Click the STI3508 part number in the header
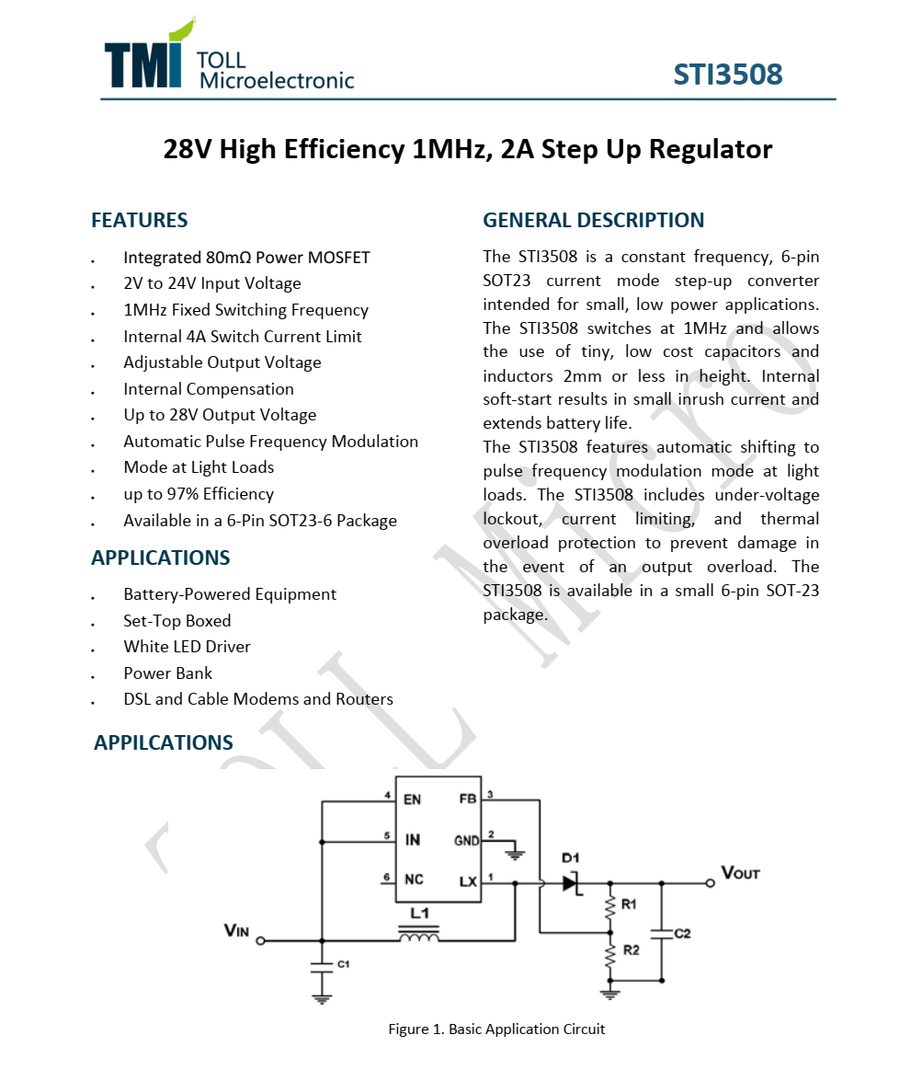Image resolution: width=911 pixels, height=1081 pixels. [x=727, y=75]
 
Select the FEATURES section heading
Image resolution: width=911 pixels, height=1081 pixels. [x=139, y=221]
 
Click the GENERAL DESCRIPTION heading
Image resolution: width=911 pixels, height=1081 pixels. [x=593, y=221]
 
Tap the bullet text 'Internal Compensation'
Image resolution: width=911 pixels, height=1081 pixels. [x=209, y=389]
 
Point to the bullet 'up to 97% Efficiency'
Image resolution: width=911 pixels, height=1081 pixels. [x=199, y=494]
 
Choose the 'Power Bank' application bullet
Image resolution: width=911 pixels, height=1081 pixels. [x=168, y=673]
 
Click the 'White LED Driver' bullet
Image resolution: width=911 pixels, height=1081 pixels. [x=187, y=647]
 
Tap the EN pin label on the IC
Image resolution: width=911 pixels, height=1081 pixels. [x=412, y=799]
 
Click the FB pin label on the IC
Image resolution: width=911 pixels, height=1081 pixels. [x=467, y=799]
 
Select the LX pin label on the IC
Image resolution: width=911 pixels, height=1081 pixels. [x=468, y=880]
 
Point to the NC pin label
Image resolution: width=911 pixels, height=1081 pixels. [x=414, y=880]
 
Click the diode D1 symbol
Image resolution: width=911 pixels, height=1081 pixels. [x=572, y=882]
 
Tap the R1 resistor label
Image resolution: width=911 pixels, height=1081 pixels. [x=629, y=905]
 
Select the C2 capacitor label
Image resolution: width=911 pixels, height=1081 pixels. [x=682, y=933]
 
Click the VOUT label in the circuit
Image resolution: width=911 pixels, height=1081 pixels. [x=740, y=873]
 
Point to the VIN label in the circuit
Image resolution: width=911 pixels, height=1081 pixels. [x=236, y=931]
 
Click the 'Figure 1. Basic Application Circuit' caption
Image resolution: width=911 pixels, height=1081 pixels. [x=496, y=1029]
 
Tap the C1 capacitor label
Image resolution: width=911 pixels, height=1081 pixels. [x=343, y=964]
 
